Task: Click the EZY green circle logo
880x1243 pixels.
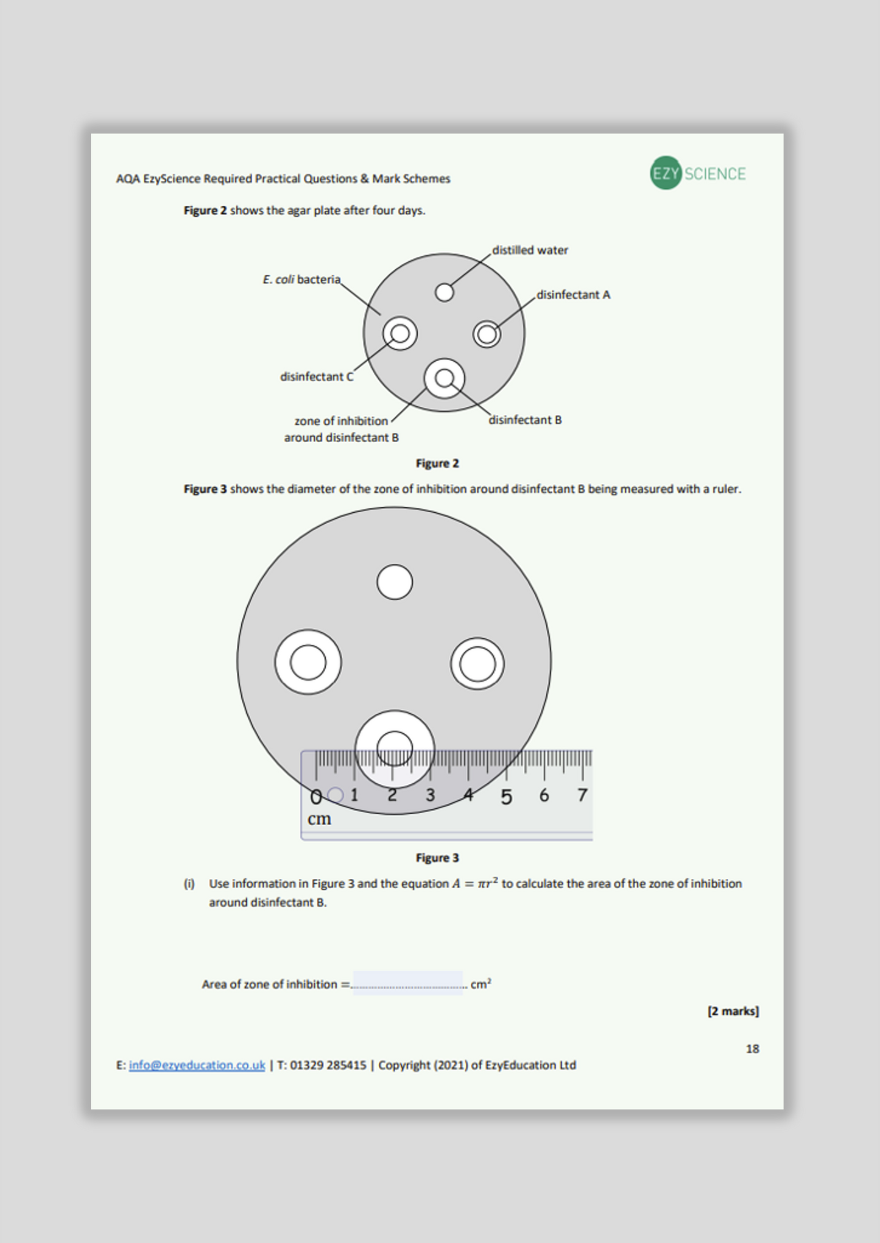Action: pos(665,173)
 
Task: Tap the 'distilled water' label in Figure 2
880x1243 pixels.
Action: pos(530,250)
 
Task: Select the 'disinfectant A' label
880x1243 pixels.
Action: pos(573,295)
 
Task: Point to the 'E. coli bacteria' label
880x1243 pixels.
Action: pos(301,280)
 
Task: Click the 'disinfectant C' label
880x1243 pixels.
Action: pos(316,377)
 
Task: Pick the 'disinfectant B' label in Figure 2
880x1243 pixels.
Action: pos(525,420)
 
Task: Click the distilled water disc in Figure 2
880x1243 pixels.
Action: pos(445,292)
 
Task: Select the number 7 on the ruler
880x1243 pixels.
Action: pos(582,795)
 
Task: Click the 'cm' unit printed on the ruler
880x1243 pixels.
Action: pos(319,819)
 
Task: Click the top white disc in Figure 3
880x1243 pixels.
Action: pos(395,582)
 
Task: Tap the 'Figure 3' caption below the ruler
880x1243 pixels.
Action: pos(437,858)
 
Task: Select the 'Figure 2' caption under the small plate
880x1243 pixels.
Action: pos(437,463)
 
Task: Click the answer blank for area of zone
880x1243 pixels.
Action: pos(407,983)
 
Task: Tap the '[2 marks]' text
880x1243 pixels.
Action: pos(733,1011)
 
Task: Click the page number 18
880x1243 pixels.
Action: pos(752,1049)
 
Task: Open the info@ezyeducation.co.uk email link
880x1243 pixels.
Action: pos(197,1065)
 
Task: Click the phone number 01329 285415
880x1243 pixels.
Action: pos(328,1065)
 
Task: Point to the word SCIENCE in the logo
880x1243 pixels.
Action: pos(715,174)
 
